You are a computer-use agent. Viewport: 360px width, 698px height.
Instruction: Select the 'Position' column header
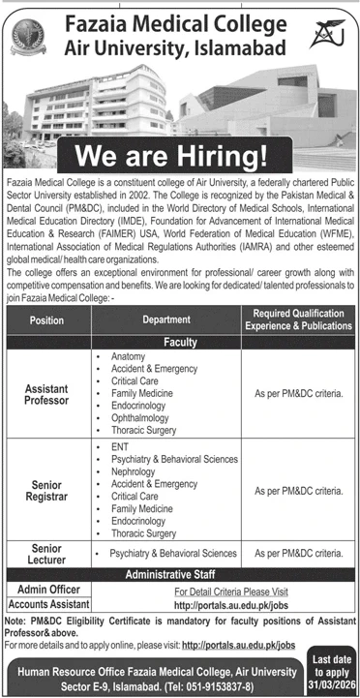(46, 319)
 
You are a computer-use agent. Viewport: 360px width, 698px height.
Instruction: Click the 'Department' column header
(166, 319)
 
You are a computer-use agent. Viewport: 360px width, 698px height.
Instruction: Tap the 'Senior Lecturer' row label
(46, 553)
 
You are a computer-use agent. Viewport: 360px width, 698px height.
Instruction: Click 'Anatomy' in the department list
(127, 357)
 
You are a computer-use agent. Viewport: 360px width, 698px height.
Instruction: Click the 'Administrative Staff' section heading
(181, 576)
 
